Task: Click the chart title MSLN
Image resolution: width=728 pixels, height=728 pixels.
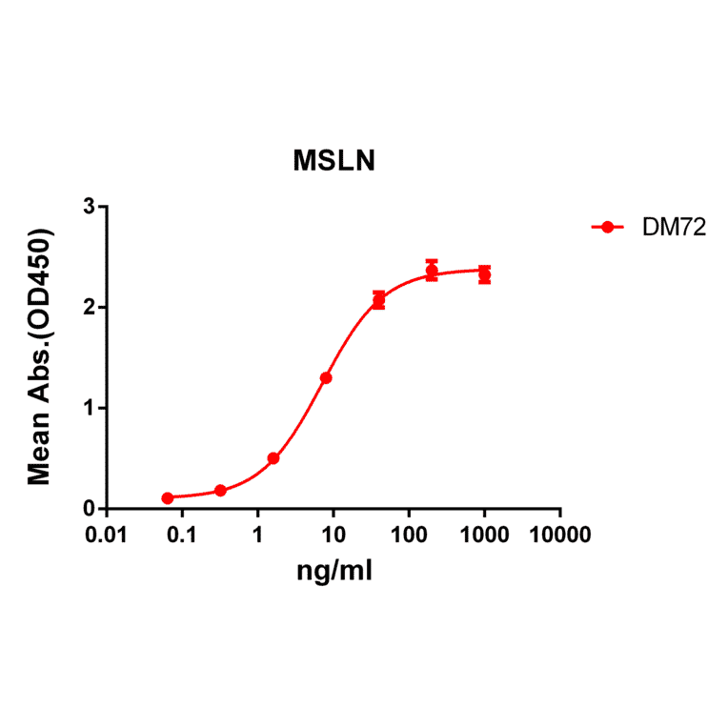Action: coord(334,162)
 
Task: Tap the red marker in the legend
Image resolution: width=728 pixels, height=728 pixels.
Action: coord(607,227)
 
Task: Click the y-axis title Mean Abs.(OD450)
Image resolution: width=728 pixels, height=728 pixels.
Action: coord(40,357)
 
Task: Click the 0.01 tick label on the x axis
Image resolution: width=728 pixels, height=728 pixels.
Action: coord(106,534)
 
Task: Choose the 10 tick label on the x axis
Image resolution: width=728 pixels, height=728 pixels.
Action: coord(333,534)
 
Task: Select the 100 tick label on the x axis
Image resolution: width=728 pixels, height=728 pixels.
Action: coord(408,534)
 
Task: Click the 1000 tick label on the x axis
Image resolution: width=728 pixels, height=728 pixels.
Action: coord(484,534)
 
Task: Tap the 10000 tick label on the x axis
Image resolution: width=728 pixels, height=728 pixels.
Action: coord(559,534)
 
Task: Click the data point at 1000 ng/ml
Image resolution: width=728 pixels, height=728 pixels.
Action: coord(484,274)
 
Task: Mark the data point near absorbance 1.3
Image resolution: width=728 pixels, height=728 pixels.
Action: coord(326,377)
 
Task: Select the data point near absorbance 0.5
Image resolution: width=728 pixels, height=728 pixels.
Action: coord(273,458)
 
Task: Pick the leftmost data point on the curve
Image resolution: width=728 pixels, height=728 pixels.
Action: coord(168,497)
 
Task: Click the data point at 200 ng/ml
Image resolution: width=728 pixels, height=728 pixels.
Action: coord(432,271)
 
